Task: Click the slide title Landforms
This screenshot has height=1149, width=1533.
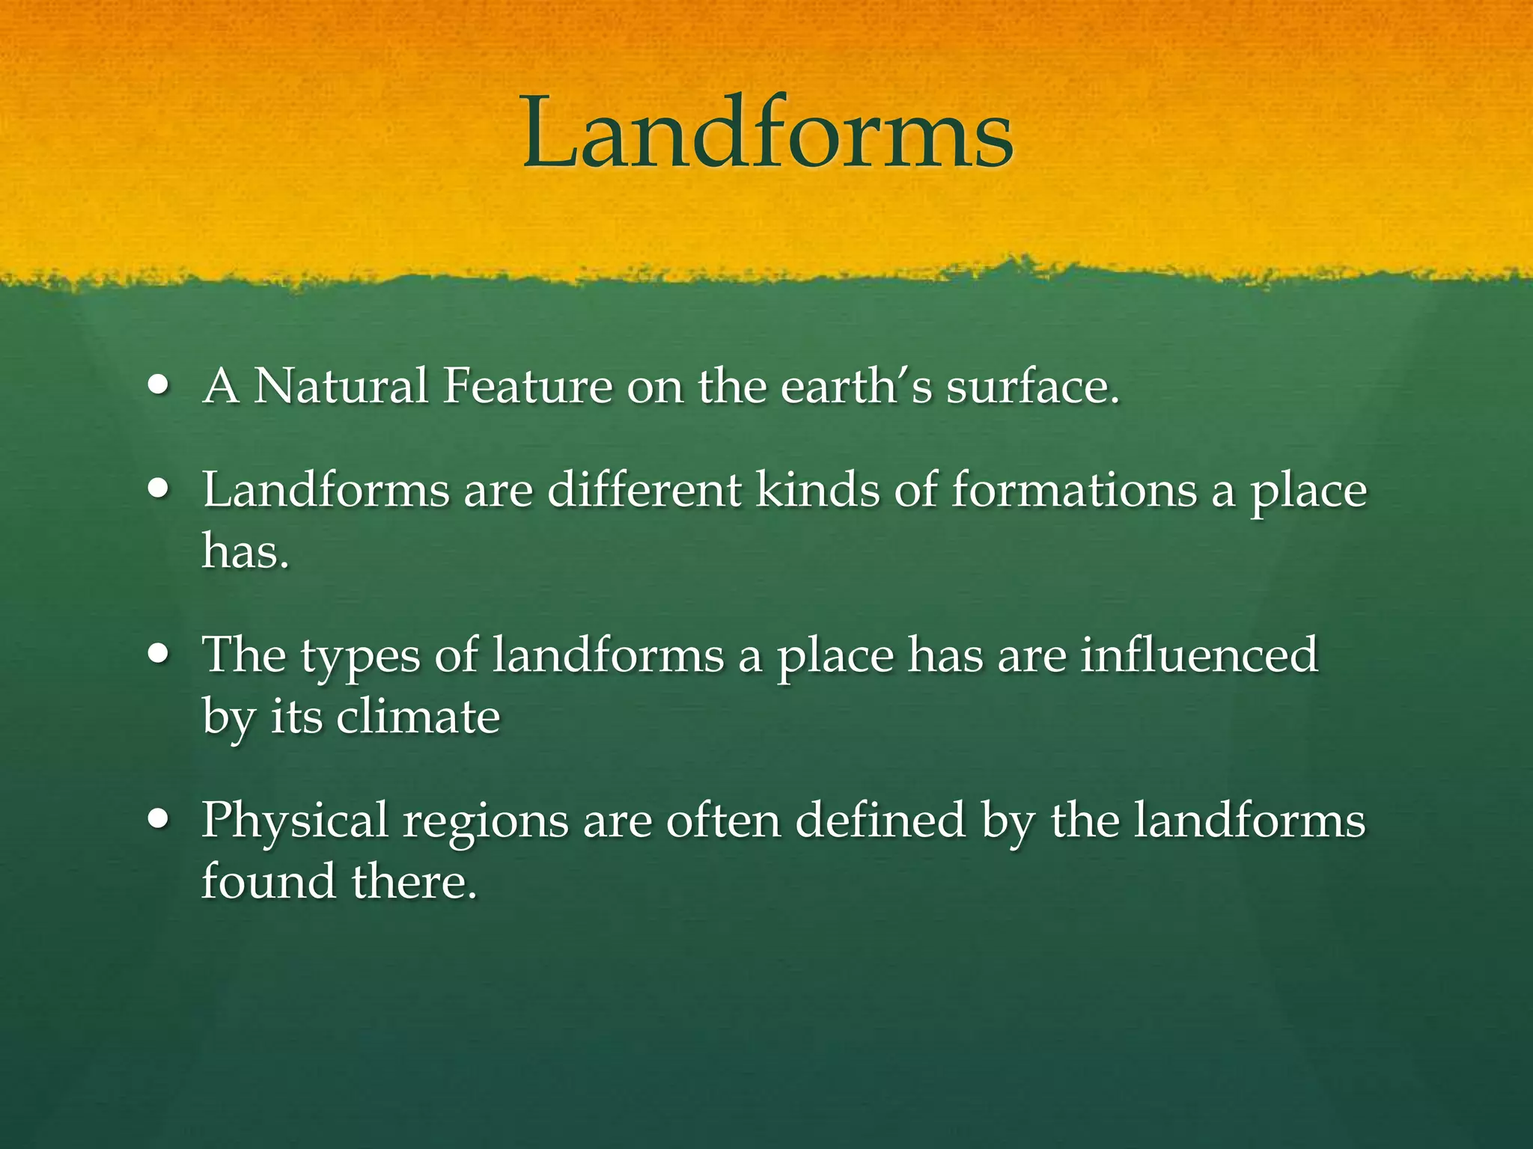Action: click(767, 135)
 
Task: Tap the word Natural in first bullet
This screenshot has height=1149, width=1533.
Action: click(341, 387)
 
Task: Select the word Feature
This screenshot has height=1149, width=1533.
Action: click(527, 387)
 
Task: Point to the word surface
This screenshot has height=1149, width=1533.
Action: click(1032, 387)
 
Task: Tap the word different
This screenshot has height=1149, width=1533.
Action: click(644, 491)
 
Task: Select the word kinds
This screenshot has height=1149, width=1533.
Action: click(817, 491)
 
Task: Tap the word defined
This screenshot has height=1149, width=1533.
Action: click(880, 820)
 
